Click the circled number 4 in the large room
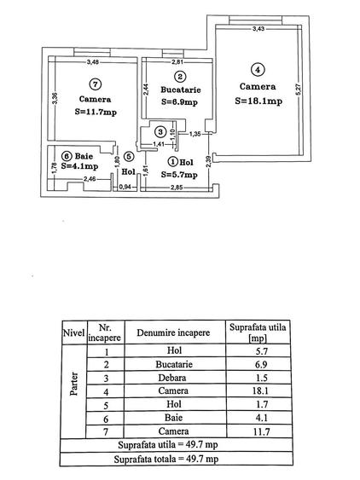[x=258, y=70]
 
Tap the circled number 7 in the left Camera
[x=96, y=84]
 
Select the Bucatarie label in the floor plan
[x=181, y=90]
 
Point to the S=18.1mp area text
[x=258, y=101]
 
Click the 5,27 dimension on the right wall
[x=299, y=89]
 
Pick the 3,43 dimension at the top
[x=258, y=29]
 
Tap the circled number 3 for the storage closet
[x=160, y=132]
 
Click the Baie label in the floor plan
[x=84, y=156]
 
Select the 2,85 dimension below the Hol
[x=177, y=188]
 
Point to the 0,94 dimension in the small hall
[x=125, y=187]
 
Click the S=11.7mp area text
[x=96, y=112]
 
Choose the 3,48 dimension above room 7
[x=93, y=62]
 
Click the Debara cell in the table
[x=171, y=378]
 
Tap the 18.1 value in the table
[x=260, y=390]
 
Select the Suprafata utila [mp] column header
[x=258, y=333]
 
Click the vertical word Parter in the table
[x=74, y=384]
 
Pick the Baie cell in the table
[x=173, y=418]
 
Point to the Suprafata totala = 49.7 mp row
[x=166, y=460]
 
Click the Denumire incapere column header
[x=173, y=333]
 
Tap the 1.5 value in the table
[x=262, y=378]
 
